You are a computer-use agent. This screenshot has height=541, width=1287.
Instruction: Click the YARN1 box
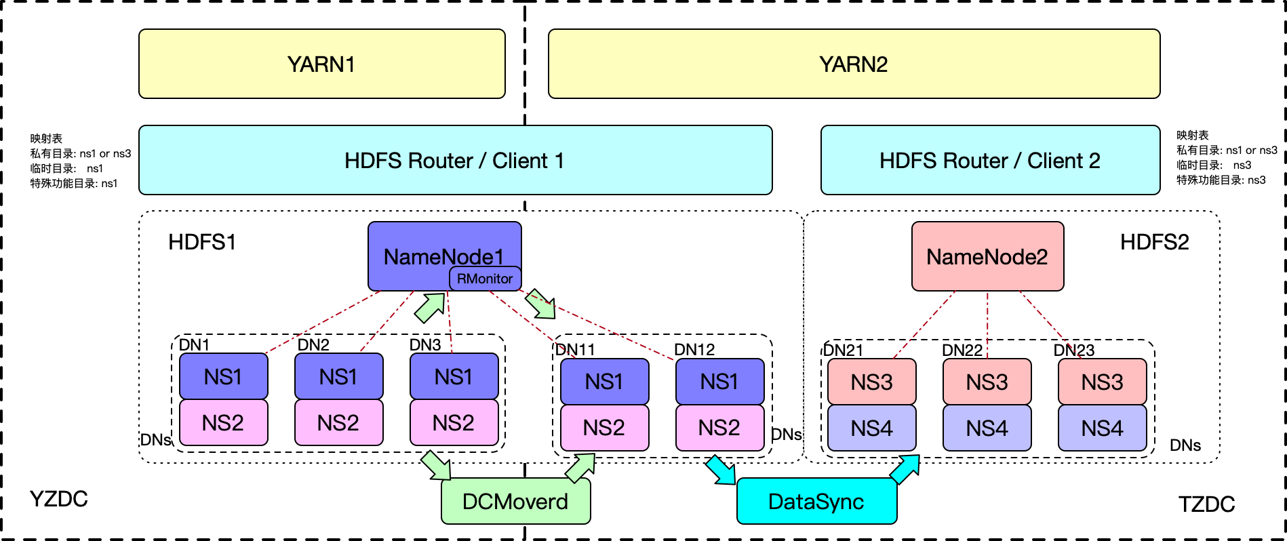click(x=321, y=64)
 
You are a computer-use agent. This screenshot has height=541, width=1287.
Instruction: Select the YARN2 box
click(x=854, y=64)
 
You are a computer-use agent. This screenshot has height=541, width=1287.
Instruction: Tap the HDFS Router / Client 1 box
click(x=455, y=160)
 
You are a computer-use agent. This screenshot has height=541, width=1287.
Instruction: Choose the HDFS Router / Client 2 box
click(x=990, y=160)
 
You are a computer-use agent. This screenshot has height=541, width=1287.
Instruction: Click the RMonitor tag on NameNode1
click(x=485, y=279)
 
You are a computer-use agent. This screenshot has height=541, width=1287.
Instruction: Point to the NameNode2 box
click(x=987, y=256)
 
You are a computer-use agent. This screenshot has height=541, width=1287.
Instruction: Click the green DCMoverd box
click(x=515, y=502)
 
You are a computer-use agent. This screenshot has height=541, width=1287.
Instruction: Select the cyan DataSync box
click(x=816, y=502)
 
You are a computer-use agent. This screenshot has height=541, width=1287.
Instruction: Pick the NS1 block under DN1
click(x=223, y=376)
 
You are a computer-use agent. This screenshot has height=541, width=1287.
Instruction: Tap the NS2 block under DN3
click(x=454, y=422)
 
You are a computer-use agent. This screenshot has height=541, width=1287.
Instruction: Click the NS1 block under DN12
click(x=719, y=382)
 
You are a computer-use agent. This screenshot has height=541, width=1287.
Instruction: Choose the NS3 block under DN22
click(x=987, y=382)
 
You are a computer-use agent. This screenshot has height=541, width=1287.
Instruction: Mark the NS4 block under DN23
click(x=1103, y=428)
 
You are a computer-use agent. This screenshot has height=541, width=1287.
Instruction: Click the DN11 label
click(x=575, y=350)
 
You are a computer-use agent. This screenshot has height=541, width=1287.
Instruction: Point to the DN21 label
click(x=844, y=350)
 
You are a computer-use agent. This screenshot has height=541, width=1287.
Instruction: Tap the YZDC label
click(x=59, y=499)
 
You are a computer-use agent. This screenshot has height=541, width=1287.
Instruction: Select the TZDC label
click(x=1206, y=504)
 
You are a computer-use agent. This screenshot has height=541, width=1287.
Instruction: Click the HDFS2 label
click(x=1154, y=242)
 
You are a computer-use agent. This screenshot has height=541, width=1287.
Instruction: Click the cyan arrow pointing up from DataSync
click(x=905, y=468)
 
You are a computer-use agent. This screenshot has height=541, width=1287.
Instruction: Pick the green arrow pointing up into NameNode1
click(x=430, y=308)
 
